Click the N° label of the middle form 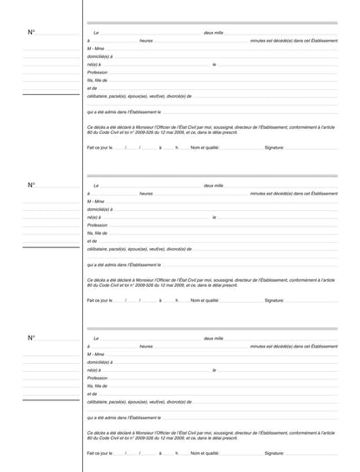31,185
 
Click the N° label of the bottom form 31,337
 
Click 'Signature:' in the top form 274,148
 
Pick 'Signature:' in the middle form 274,301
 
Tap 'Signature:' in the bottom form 274,453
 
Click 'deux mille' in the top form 213,32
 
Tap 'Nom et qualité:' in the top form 205,148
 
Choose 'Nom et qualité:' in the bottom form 205,453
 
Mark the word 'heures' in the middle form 146,193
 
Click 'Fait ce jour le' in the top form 100,148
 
